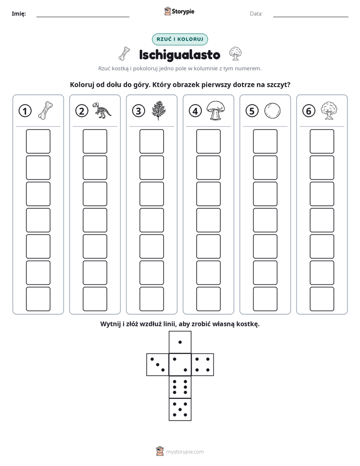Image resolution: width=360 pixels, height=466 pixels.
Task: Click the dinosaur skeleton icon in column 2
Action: (x=101, y=110)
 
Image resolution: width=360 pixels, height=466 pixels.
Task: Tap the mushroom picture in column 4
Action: (x=215, y=110)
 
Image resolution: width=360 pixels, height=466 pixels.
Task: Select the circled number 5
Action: (x=252, y=111)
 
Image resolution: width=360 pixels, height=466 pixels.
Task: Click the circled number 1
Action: (x=25, y=111)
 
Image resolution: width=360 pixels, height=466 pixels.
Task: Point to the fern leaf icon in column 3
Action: (x=159, y=110)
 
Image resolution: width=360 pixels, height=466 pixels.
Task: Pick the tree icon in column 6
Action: (x=329, y=110)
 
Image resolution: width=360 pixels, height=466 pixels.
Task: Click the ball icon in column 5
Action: (x=272, y=111)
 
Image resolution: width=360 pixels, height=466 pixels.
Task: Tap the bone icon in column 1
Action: (x=45, y=110)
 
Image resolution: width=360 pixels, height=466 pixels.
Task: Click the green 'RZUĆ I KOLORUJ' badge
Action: (x=179, y=39)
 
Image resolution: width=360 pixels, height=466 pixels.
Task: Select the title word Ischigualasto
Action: (x=179, y=54)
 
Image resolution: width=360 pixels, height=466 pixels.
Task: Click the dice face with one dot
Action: (x=180, y=342)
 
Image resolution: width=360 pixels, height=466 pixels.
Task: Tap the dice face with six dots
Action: (x=180, y=387)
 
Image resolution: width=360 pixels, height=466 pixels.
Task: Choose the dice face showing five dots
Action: (x=180, y=409)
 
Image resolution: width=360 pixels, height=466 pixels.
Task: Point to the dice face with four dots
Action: (x=203, y=365)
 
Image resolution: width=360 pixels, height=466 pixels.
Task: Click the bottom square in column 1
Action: (x=38, y=299)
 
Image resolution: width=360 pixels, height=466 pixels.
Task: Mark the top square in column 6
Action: (x=322, y=141)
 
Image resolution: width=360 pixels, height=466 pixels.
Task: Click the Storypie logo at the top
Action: (x=179, y=11)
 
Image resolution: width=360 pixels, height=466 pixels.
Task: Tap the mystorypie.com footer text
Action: (x=185, y=452)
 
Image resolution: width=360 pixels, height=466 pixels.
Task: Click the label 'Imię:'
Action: (x=19, y=14)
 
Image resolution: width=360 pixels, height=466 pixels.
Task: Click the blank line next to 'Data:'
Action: (x=311, y=17)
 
